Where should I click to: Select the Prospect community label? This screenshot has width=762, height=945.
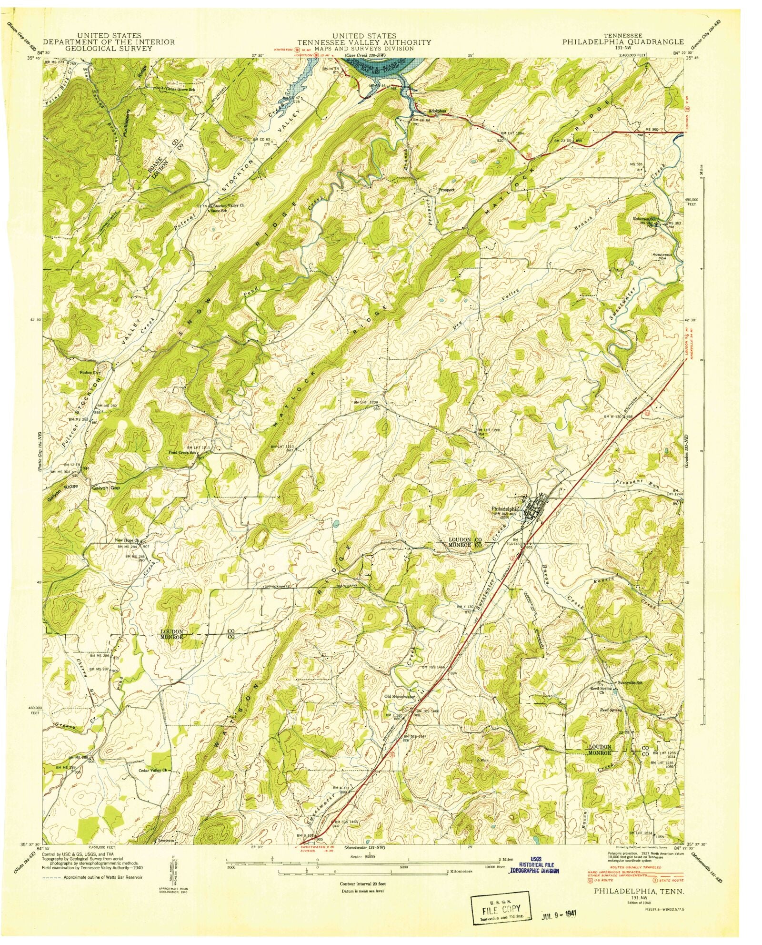(x=446, y=190)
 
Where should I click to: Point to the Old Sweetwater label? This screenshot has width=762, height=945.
(x=400, y=696)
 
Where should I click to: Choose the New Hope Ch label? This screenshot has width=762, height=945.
(x=126, y=540)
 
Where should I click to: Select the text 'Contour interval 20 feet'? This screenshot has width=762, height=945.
(x=362, y=883)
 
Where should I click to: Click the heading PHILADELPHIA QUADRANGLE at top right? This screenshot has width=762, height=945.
(x=623, y=42)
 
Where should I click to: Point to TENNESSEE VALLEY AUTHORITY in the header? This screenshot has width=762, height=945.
(x=364, y=42)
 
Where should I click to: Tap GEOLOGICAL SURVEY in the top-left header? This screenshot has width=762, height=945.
(x=109, y=48)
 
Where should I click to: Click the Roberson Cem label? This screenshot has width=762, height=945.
(x=664, y=257)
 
